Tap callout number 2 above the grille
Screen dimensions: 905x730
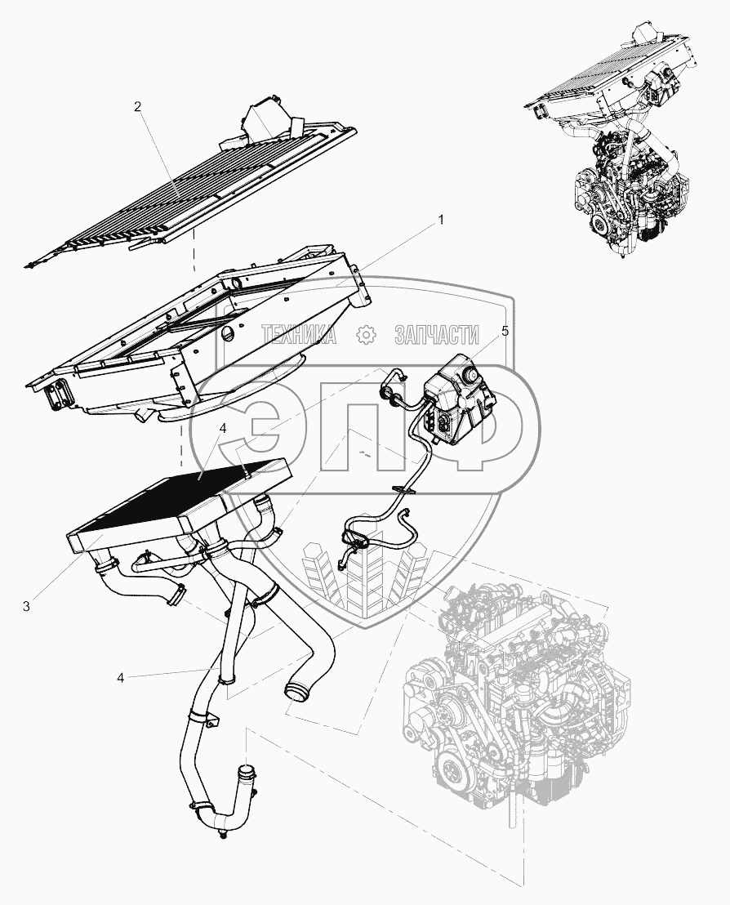pyautogui.click(x=138, y=107)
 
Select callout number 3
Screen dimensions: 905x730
pyautogui.click(x=26, y=606)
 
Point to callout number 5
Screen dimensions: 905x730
pyautogui.click(x=505, y=331)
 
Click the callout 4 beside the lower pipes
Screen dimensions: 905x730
pyautogui.click(x=121, y=677)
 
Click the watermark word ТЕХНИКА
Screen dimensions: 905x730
pyautogui.click(x=299, y=334)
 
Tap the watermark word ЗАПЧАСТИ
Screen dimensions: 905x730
pyautogui.click(x=436, y=334)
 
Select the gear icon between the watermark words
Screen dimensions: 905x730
pyautogui.click(x=366, y=334)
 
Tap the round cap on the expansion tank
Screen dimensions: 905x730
pyautogui.click(x=471, y=377)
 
